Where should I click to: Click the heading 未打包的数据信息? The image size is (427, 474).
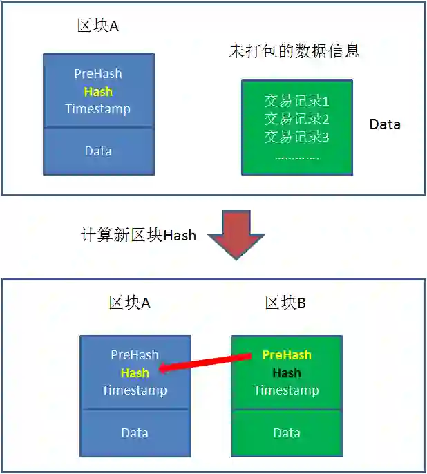294,51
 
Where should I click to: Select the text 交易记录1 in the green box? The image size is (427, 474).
296,101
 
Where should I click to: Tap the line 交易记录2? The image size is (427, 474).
296,118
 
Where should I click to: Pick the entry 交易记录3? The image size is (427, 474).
296,136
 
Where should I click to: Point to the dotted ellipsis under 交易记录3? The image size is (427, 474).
296,156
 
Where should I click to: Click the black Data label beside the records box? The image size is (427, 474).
385,124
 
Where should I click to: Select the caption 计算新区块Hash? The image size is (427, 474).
138,236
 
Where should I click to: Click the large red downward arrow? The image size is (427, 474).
236,234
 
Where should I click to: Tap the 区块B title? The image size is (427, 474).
285,303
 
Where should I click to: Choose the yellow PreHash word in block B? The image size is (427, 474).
287,355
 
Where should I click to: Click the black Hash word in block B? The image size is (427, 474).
286,373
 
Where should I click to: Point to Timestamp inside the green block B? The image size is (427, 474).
286,390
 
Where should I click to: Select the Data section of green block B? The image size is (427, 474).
286,433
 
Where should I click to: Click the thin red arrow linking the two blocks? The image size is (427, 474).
205,363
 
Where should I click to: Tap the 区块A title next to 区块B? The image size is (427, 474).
130,303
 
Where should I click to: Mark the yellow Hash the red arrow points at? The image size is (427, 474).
135,373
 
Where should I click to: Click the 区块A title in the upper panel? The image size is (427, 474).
98,26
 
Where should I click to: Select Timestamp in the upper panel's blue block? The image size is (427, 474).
98,108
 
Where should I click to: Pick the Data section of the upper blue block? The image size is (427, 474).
98,151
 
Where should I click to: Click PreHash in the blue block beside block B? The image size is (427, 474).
135,355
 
